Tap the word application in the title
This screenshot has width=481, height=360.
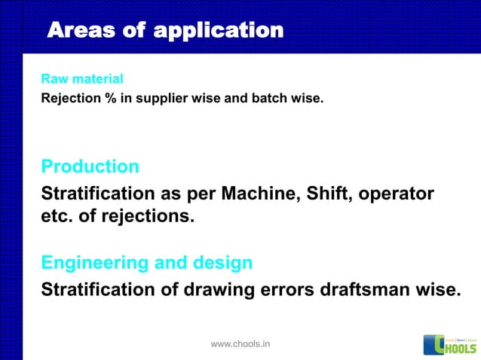218,31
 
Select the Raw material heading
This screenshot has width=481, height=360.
81,79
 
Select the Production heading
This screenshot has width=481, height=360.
90,166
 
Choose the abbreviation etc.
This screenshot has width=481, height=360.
57,218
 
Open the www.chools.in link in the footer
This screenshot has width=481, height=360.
240,344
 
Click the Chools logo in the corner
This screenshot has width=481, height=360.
450,343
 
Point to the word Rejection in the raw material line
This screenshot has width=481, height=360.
66,97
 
